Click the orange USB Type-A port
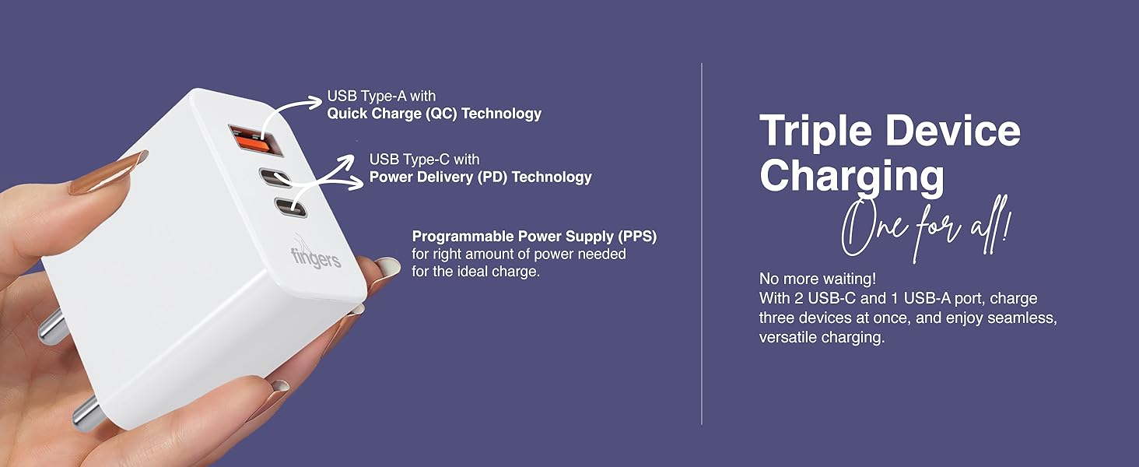(x=255, y=140)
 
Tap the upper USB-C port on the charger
(x=275, y=177)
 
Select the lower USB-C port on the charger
(x=291, y=207)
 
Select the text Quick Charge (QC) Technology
(x=434, y=114)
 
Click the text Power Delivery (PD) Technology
(x=481, y=177)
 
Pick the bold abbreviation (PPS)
(x=638, y=237)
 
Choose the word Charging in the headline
(x=852, y=175)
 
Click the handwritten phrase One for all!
(x=925, y=229)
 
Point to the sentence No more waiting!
(x=818, y=279)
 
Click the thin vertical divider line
(x=702, y=244)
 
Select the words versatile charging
(x=822, y=337)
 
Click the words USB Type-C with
(x=424, y=160)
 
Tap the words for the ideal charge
(x=475, y=271)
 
